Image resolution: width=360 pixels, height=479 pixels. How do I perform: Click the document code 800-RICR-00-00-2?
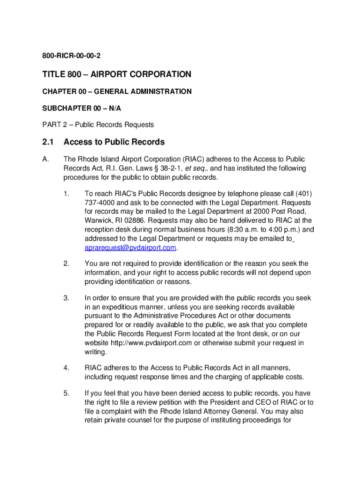[71, 57]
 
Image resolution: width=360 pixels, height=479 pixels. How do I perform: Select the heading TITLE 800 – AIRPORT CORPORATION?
[116, 74]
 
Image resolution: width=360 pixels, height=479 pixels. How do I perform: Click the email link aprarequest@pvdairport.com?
[130, 247]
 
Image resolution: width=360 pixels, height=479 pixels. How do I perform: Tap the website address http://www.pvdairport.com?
[150, 343]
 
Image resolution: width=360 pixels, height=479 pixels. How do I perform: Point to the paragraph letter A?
[45, 159]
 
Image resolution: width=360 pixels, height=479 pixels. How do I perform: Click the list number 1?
[66, 194]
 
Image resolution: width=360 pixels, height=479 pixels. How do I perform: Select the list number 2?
[66, 264]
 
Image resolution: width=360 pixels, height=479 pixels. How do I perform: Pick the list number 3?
[66, 298]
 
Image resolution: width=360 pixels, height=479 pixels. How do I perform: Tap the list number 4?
[66, 368]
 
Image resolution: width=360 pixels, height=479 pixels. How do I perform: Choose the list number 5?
[66, 393]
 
